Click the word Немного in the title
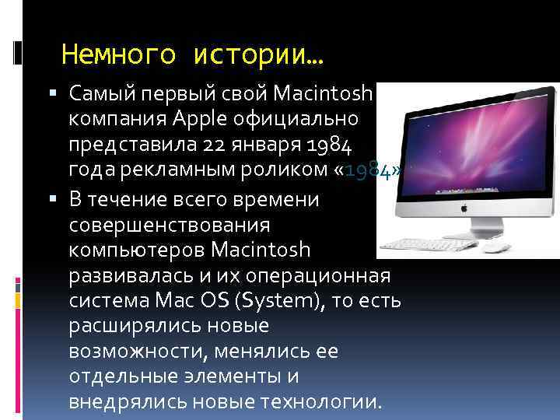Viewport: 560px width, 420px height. pos(110,55)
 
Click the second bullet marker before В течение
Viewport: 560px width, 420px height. pos(51,200)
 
